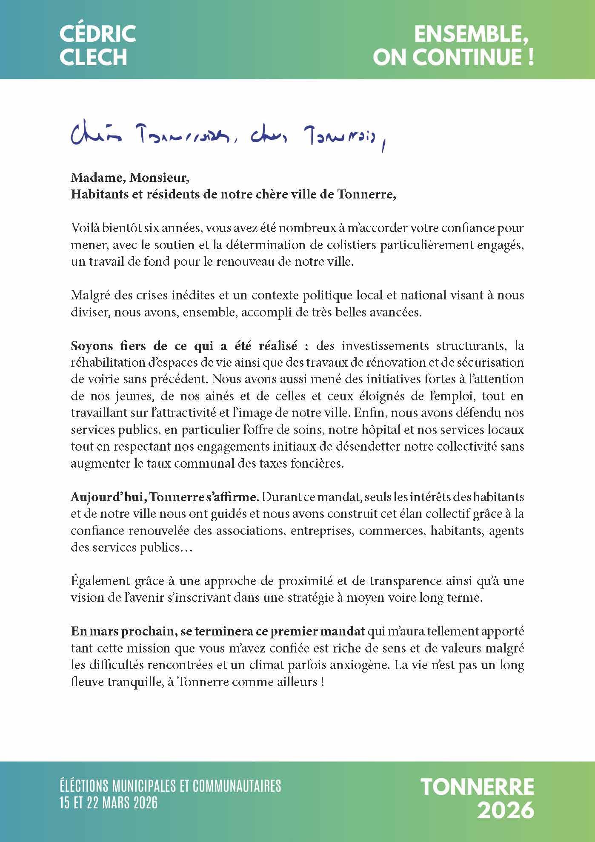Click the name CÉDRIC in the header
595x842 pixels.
[97, 34]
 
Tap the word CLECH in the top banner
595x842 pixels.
[93, 57]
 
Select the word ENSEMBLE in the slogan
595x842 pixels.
[471, 34]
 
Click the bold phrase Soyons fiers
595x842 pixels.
[104, 345]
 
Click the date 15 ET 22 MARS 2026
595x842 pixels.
[109, 803]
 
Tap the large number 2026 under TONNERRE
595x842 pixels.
[505, 810]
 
